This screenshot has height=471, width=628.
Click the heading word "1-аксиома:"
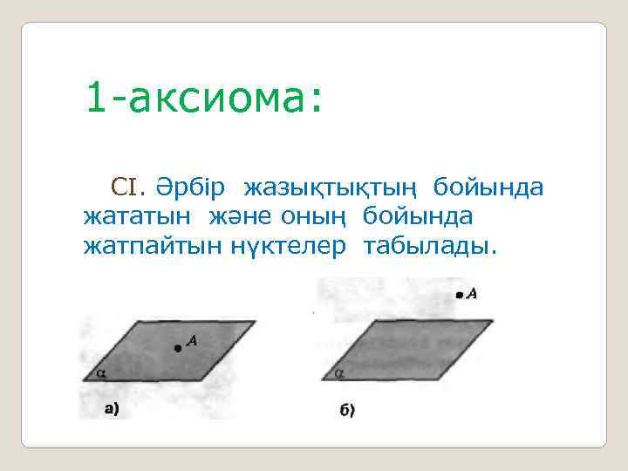click(x=203, y=99)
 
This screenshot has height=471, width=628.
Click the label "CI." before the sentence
click(x=130, y=187)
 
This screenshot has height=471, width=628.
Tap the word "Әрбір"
click(x=191, y=187)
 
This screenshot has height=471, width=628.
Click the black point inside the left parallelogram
click(x=178, y=348)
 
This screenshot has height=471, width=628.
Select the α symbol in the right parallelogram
click(x=339, y=372)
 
